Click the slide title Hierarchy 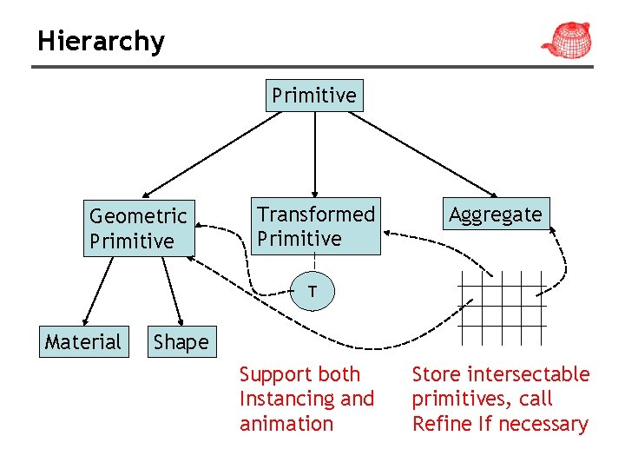tap(101, 41)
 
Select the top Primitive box tap(314, 96)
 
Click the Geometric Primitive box tap(139, 228)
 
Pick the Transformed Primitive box tap(316, 227)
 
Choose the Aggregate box tap(496, 215)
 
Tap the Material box tap(83, 341)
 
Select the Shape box tap(181, 342)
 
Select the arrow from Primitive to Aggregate tap(425, 154)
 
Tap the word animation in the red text tap(286, 424)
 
